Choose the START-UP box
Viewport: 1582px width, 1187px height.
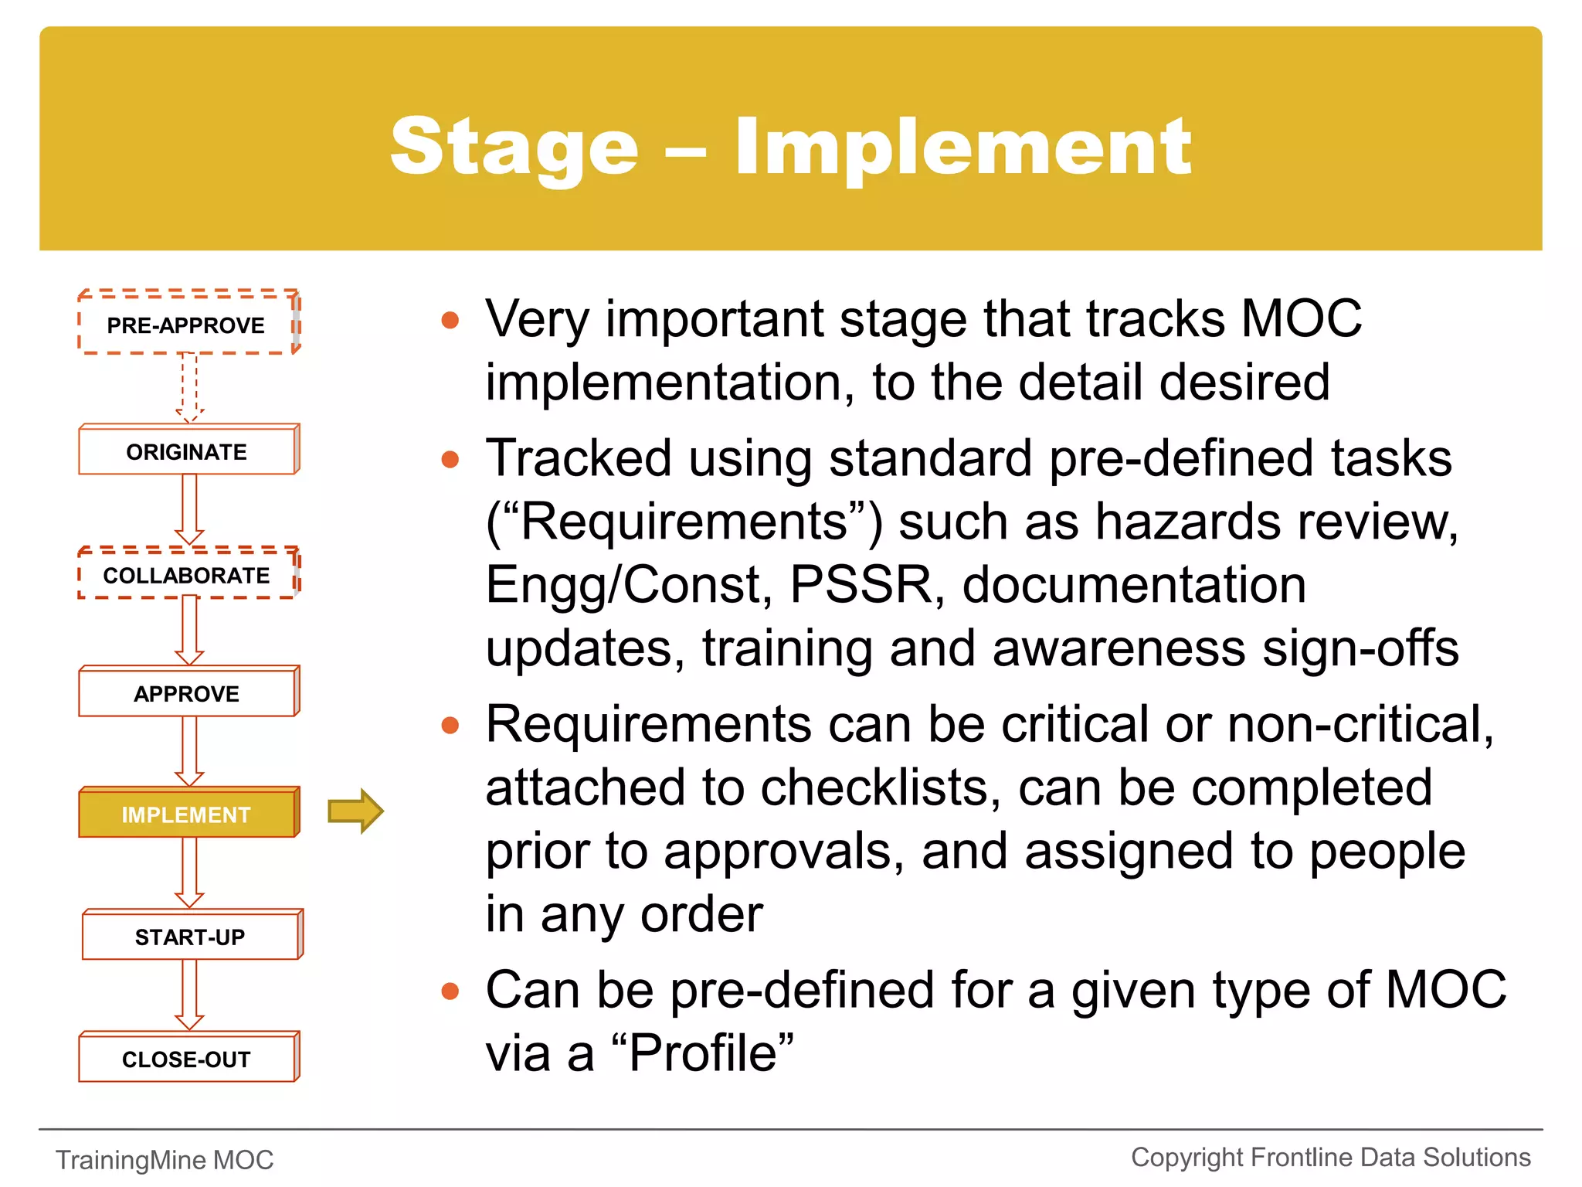190,937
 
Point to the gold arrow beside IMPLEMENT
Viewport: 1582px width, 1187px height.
355,811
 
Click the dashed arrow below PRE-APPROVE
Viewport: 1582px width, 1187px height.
189,386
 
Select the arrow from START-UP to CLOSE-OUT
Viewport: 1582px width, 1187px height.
189,995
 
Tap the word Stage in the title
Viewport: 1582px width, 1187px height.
514,147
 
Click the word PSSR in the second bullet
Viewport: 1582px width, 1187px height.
862,585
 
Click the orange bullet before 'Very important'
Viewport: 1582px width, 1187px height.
450,320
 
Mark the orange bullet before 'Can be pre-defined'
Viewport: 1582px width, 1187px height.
450,991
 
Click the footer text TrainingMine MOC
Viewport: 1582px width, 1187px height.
165,1160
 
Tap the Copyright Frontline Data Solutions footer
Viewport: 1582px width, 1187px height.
1330,1158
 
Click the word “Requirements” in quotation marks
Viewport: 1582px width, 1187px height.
684,522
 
